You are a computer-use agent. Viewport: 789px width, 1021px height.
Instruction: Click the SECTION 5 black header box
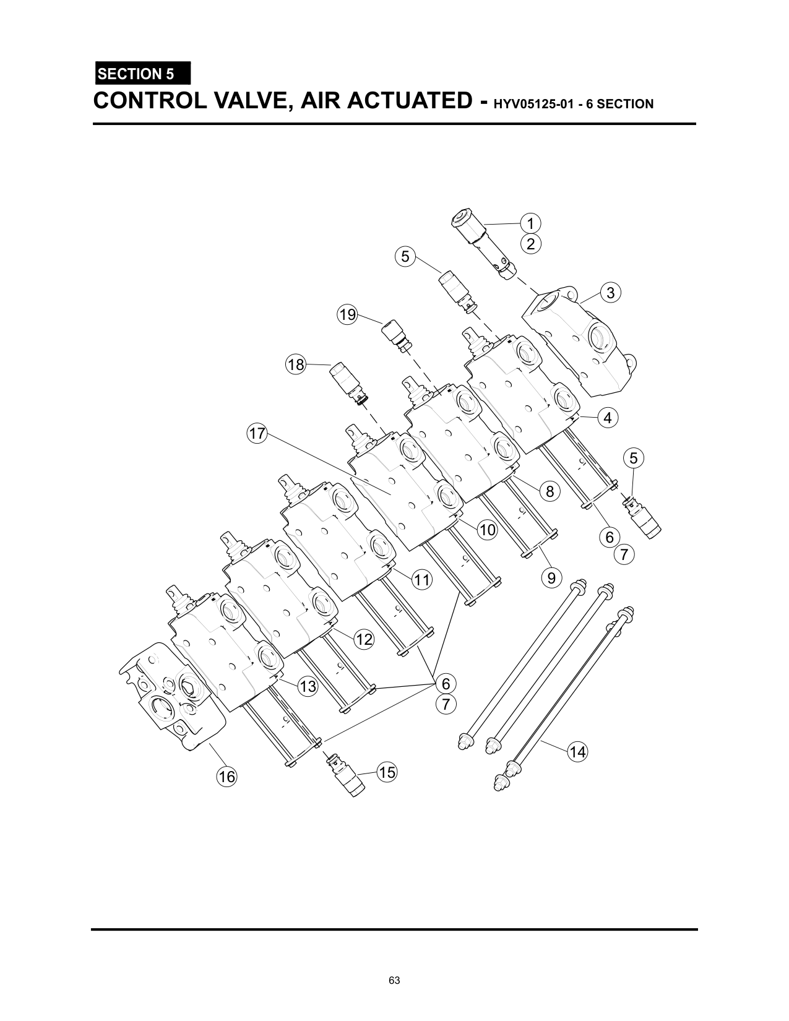click(x=142, y=74)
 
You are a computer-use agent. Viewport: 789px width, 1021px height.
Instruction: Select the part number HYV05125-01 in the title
click(x=545, y=104)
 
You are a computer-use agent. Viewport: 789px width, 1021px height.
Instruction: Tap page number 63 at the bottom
click(x=395, y=980)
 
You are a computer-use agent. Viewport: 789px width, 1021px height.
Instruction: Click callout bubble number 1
click(x=530, y=223)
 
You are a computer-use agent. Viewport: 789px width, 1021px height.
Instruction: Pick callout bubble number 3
click(x=611, y=293)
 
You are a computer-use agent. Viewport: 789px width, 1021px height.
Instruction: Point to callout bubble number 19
click(x=348, y=315)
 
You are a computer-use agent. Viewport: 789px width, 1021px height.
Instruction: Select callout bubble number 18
click(x=296, y=364)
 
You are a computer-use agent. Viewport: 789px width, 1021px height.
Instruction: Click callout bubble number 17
click(x=257, y=434)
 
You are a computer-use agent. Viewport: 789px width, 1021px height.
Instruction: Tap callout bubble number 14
click(x=577, y=752)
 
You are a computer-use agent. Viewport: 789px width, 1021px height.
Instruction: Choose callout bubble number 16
click(x=227, y=777)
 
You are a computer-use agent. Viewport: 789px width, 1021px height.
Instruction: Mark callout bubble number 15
click(x=387, y=772)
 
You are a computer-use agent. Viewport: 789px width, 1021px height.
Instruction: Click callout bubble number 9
click(x=551, y=579)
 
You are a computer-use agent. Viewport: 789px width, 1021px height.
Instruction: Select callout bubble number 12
click(x=364, y=639)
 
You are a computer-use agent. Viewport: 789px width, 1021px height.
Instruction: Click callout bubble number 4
click(x=608, y=418)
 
